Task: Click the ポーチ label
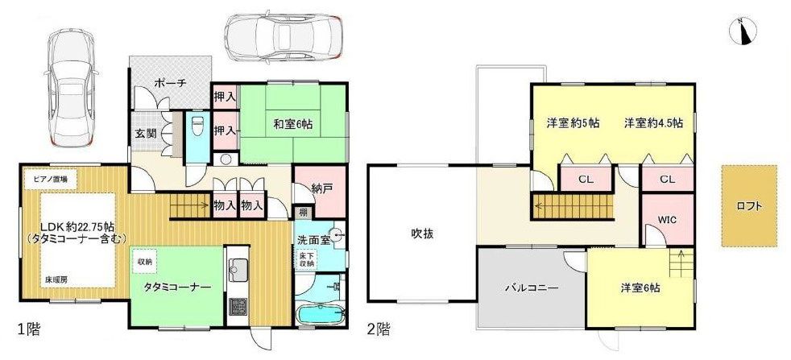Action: click(x=171, y=82)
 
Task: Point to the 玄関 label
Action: click(x=146, y=133)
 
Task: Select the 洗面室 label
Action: click(x=313, y=240)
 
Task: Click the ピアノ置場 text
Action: click(x=50, y=177)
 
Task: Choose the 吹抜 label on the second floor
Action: click(x=423, y=234)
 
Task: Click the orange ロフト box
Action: click(x=749, y=205)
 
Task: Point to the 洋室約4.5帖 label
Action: click(x=653, y=123)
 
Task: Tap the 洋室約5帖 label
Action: click(x=573, y=123)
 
